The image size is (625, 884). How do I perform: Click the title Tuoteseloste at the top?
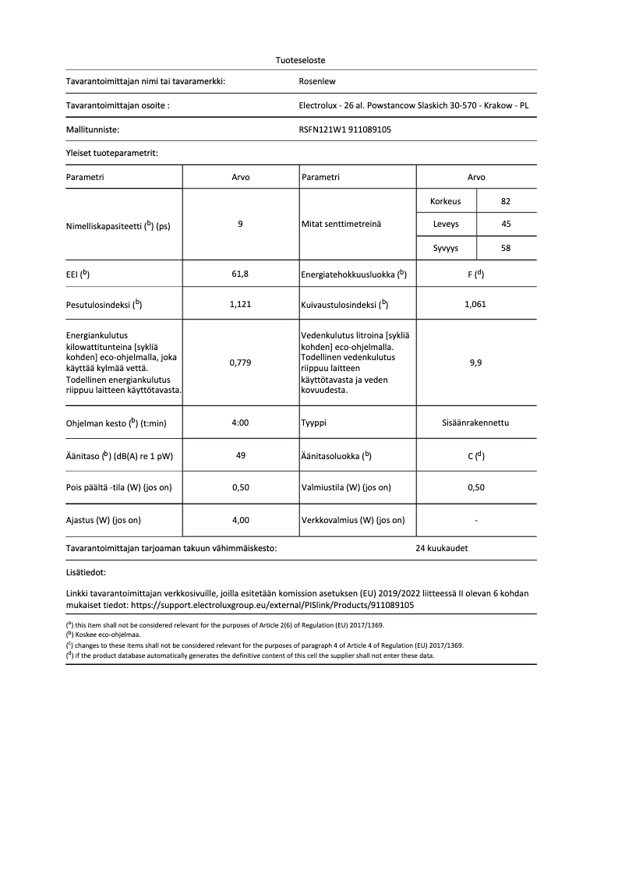pos(301,60)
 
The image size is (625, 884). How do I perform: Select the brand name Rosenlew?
pos(317,80)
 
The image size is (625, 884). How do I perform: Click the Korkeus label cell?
pos(446,201)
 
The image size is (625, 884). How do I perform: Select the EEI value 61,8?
pos(241,274)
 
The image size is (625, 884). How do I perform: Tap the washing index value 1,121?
pos(241,304)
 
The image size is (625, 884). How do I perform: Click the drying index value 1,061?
pos(475,304)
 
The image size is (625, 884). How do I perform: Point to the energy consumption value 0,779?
pos(241,362)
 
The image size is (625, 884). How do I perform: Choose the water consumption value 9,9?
pos(475,362)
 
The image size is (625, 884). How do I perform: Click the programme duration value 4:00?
pos(241,423)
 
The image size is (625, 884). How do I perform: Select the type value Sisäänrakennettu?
pos(475,423)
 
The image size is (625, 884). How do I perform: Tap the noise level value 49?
pos(241,455)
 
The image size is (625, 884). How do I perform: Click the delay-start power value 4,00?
pos(241,520)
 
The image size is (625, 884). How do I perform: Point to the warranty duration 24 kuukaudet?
pos(442,548)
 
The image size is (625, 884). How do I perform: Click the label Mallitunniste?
pos(93,130)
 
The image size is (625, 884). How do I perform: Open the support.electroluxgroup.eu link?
pos(272,604)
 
